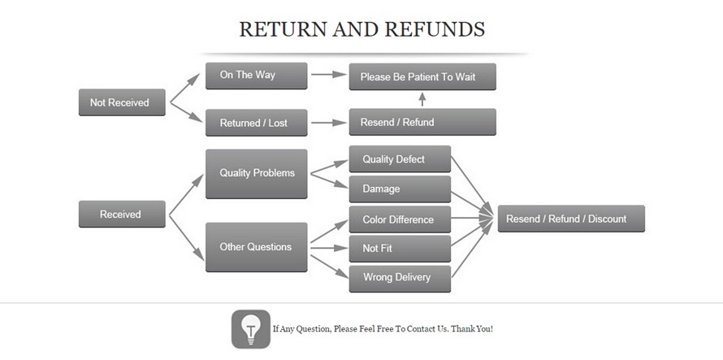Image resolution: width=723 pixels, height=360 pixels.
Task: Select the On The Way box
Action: (256, 76)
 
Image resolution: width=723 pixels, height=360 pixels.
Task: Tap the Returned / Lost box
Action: (256, 123)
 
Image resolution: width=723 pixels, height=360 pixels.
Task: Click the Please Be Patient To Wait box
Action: (422, 77)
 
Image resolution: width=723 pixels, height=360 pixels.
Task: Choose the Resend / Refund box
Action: (422, 122)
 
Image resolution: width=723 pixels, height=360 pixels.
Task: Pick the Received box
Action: (122, 215)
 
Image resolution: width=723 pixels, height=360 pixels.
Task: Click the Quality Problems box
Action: (256, 173)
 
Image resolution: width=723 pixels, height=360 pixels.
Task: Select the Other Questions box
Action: (256, 247)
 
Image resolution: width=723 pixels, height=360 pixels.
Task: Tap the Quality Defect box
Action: (400, 159)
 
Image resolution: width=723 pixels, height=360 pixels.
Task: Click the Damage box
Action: (400, 189)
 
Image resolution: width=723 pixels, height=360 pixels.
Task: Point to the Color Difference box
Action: (400, 219)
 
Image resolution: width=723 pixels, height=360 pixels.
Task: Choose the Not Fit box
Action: (400, 249)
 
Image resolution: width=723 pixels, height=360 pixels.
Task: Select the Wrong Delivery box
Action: (400, 278)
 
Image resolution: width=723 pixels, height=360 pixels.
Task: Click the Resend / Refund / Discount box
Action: (571, 219)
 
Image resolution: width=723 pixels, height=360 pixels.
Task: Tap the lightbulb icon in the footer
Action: (251, 329)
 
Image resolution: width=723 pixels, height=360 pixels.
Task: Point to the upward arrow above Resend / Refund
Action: (422, 99)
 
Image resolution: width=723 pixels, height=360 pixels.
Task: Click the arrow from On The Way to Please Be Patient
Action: (327, 74)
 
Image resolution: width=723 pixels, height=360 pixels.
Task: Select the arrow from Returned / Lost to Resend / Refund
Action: (327, 123)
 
